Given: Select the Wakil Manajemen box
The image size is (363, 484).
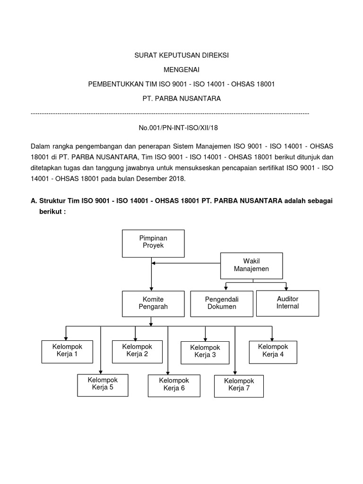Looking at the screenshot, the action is [x=251, y=265].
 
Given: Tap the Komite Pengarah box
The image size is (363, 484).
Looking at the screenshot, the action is [x=151, y=303].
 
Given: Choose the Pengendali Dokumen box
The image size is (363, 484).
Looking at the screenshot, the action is [x=221, y=303].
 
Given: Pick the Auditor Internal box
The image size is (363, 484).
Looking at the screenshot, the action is [x=287, y=303].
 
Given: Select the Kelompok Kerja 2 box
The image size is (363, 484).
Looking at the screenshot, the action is [x=135, y=351].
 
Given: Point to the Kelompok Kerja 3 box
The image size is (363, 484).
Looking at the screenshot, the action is [x=205, y=352].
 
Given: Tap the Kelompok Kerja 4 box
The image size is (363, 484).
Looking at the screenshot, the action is [x=273, y=351].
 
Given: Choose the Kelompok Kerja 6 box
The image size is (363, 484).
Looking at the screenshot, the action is [x=173, y=385].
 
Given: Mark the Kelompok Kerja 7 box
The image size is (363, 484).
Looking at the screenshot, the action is [x=239, y=385].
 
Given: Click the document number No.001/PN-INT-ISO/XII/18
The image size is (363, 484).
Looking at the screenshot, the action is [x=181, y=128].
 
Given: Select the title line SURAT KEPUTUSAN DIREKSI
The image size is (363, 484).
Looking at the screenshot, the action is [x=181, y=55].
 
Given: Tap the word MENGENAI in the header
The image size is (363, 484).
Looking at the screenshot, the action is [x=181, y=70].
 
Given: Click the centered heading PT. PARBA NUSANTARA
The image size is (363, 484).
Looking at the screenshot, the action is [x=181, y=99].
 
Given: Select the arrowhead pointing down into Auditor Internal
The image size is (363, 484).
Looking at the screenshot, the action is [x=285, y=288].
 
